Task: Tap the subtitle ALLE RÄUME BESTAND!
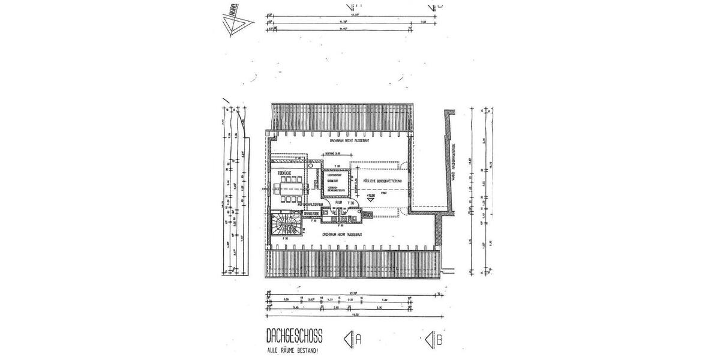click(292, 350)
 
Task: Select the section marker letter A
click(358, 339)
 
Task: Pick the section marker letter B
click(440, 340)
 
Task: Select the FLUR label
click(338, 203)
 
